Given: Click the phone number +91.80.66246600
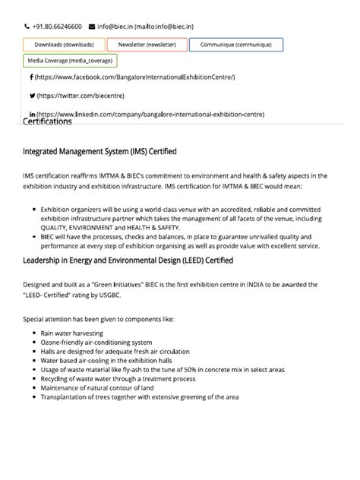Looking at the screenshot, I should click(57, 27).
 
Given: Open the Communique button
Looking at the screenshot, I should click(236, 45).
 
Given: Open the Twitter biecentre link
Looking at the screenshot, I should click(81, 96).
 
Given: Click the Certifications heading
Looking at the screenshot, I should click(48, 122).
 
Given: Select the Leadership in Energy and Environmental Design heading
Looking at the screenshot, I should click(128, 261).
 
